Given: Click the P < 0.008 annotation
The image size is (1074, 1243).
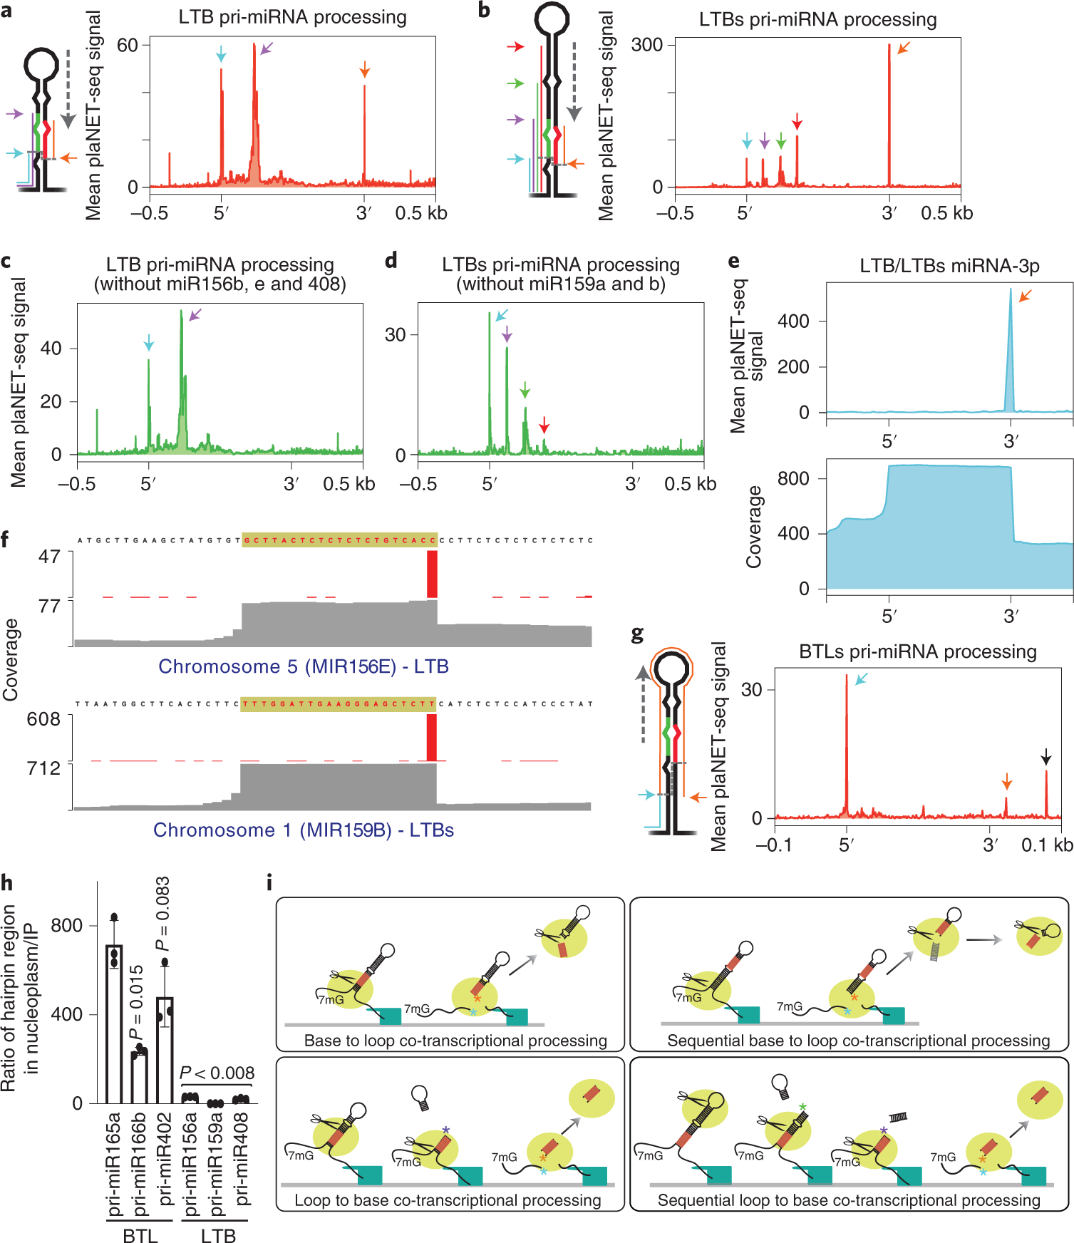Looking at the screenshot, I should pyautogui.click(x=217, y=1073).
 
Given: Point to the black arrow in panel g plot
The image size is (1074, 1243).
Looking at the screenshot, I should pyautogui.click(x=1045, y=756).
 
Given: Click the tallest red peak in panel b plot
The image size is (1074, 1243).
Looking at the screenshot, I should pyautogui.click(x=889, y=114).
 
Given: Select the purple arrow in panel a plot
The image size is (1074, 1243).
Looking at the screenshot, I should pyautogui.click(x=266, y=48).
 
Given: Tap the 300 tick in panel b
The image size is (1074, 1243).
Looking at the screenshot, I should pyautogui.click(x=646, y=45).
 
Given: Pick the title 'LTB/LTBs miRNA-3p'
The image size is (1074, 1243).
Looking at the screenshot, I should pyautogui.click(x=949, y=266).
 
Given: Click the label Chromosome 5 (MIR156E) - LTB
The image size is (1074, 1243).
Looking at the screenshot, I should pyautogui.click(x=304, y=666).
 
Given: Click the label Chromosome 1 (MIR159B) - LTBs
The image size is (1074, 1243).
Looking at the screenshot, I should pyautogui.click(x=304, y=830).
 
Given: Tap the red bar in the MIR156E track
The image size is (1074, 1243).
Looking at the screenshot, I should pyautogui.click(x=432, y=574).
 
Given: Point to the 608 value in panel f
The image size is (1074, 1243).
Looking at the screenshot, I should pyautogui.click(x=43, y=719).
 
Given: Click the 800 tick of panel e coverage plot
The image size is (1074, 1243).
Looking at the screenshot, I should pyautogui.click(x=793, y=478).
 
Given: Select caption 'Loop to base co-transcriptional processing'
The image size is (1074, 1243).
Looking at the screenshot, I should pyautogui.click(x=448, y=1200).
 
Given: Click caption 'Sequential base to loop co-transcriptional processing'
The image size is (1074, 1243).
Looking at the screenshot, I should pyautogui.click(x=858, y=1041).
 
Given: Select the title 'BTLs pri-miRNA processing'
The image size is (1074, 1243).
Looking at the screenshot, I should pyautogui.click(x=918, y=651).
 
